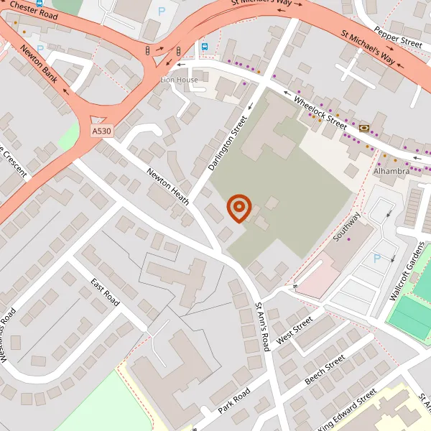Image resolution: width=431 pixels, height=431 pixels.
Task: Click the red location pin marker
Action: [x=238, y=208]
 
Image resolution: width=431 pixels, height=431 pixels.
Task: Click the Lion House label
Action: [x=179, y=80]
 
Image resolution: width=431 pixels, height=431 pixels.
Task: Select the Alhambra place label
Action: [x=391, y=172]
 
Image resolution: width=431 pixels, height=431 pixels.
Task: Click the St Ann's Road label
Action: [x=262, y=327]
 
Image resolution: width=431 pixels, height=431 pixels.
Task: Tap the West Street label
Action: [x=295, y=329]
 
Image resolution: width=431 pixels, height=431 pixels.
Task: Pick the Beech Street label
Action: [x=325, y=369]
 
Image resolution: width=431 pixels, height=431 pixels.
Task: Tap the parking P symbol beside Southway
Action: [x=377, y=258]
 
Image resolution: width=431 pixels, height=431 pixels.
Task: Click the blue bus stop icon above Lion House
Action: [x=204, y=48]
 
